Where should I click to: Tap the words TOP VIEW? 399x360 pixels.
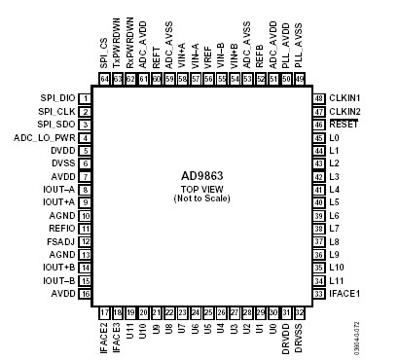click(x=202, y=189)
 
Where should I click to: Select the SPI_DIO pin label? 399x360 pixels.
click(x=56, y=98)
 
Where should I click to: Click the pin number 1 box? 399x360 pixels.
click(x=86, y=98)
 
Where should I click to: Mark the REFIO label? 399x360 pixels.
click(x=63, y=228)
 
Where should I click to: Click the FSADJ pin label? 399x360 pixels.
click(x=62, y=241)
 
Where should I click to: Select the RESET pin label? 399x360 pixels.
click(x=344, y=125)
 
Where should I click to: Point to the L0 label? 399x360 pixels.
click(x=335, y=137)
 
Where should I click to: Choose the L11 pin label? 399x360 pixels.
click(x=337, y=280)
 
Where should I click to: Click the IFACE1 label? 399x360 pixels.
click(x=345, y=293)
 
